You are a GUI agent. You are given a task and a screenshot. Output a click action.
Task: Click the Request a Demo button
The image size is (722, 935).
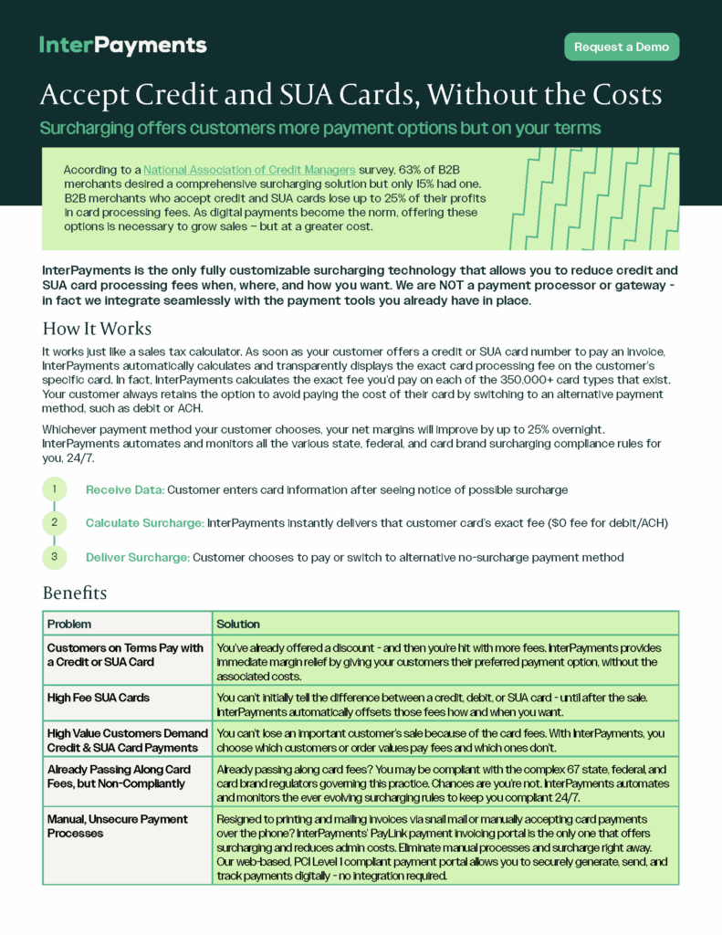click(622, 47)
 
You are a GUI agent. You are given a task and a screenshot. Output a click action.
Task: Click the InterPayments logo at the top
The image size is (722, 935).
click(123, 45)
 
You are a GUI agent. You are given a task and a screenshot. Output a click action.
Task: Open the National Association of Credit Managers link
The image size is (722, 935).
click(249, 170)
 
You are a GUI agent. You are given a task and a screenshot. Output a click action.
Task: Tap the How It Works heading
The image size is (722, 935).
click(97, 329)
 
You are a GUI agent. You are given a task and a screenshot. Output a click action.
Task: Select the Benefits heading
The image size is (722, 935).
click(75, 593)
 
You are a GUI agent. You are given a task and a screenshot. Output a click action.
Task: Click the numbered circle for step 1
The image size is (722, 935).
click(54, 489)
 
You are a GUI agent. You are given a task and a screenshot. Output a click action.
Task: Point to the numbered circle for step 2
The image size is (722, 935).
click(54, 522)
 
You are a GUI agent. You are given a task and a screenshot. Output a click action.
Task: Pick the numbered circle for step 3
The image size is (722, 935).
click(54, 556)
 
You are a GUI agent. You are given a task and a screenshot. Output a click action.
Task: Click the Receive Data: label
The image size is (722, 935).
click(125, 490)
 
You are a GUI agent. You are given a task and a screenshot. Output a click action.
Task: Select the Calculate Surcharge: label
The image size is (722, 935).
click(144, 523)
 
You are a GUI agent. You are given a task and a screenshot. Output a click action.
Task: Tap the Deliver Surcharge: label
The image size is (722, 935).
click(138, 557)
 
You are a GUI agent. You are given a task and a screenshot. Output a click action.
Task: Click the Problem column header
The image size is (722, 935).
click(69, 624)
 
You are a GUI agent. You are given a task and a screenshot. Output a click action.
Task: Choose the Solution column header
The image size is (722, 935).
click(237, 624)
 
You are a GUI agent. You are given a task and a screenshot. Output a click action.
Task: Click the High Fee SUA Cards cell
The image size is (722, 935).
click(99, 698)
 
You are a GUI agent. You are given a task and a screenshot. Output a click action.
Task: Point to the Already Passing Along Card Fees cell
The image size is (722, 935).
click(119, 776)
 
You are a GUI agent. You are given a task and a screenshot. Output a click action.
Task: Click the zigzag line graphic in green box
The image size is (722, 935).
click(593, 198)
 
